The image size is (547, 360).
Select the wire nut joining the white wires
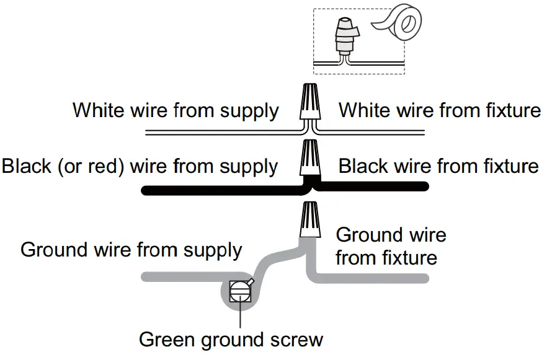click(x=310, y=102)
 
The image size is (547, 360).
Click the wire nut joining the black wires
click(x=310, y=159)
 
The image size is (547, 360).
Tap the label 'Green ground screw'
click(x=231, y=340)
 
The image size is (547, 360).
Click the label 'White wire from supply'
click(x=176, y=111)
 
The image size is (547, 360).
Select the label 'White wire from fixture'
click(x=439, y=111)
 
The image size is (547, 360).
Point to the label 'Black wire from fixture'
click(x=438, y=166)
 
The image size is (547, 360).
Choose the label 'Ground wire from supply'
click(x=131, y=250)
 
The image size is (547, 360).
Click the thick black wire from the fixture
click(x=372, y=185)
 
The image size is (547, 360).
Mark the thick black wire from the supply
click(x=217, y=190)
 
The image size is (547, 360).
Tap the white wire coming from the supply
click(x=217, y=133)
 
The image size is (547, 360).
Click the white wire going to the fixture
click(x=372, y=133)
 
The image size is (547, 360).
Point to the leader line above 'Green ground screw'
click(x=239, y=316)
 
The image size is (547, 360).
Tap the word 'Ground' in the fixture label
click(x=368, y=235)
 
